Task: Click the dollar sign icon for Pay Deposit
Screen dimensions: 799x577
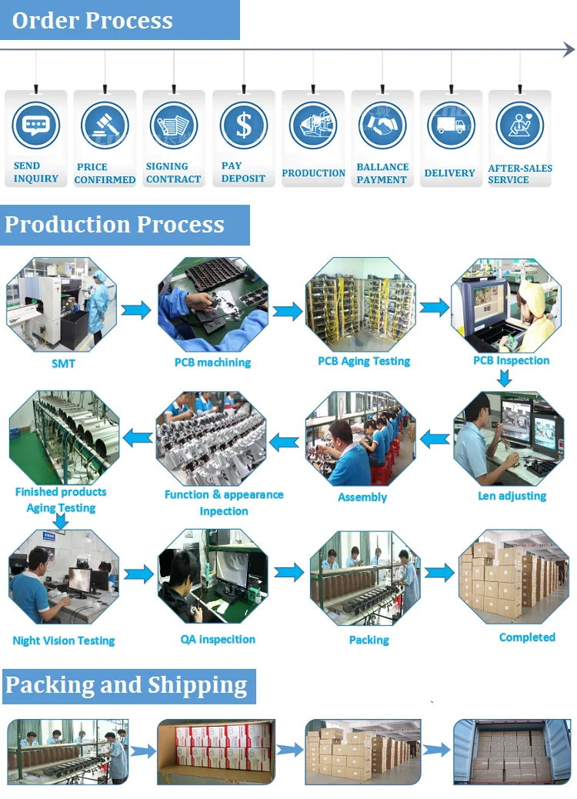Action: click(243, 125)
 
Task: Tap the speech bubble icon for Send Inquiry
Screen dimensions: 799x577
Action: click(35, 125)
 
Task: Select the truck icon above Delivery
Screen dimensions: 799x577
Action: click(451, 125)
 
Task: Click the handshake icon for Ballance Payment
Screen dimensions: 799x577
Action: click(382, 125)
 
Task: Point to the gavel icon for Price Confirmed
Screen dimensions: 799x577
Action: click(105, 125)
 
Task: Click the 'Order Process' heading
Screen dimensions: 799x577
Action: click(92, 21)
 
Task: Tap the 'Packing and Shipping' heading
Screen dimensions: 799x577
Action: click(126, 685)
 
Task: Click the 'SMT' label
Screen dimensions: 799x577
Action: click(63, 363)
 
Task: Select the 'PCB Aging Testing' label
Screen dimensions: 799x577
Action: click(364, 361)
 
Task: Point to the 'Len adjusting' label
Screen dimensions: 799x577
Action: click(512, 496)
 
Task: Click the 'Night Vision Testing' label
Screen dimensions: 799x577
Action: click(64, 640)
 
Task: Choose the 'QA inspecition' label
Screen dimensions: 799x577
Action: click(218, 639)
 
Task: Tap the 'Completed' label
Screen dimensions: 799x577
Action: click(527, 637)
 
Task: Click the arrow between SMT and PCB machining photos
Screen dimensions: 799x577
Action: click(137, 309)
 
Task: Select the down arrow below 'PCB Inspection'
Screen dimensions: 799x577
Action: click(504, 378)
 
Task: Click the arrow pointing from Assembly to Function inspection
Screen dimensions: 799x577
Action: click(284, 442)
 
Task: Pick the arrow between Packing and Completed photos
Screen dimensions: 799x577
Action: click(439, 573)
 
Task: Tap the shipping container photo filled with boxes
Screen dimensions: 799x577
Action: click(511, 752)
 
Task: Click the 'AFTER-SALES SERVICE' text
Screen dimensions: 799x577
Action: click(520, 174)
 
